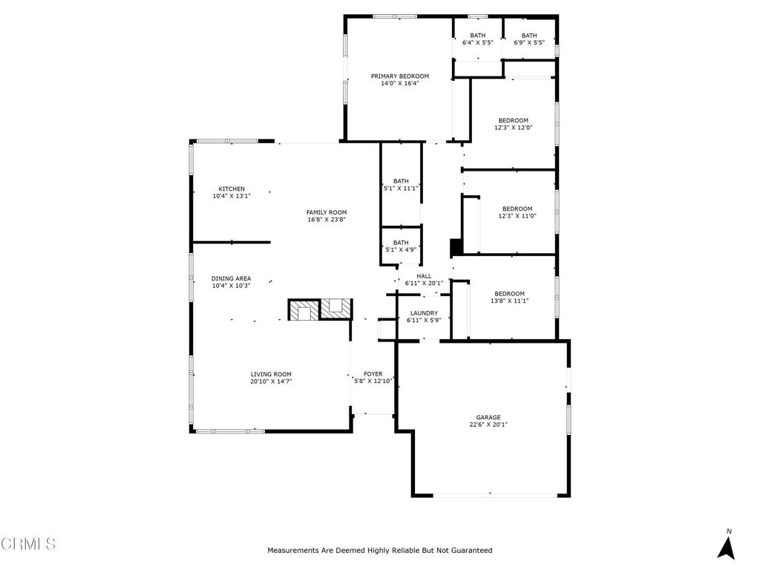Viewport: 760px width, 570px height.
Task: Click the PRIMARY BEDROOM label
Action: [x=400, y=76]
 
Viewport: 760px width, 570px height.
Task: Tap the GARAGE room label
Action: [x=488, y=418]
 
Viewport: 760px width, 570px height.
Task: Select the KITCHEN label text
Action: [x=232, y=189]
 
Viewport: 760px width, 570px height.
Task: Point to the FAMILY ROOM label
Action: [x=327, y=213]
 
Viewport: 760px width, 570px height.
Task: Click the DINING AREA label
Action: [x=232, y=279]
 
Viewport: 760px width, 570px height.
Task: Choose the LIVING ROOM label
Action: [x=271, y=375]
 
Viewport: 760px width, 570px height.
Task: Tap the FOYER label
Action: [x=373, y=374]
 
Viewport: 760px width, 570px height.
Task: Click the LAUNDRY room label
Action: [x=423, y=313]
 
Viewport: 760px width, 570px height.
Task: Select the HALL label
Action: [x=424, y=276]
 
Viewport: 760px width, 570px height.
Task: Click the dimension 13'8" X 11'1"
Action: [x=510, y=301]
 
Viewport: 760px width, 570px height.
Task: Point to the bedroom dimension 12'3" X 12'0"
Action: [x=514, y=128]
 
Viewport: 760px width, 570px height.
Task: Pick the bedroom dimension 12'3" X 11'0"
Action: [x=517, y=216]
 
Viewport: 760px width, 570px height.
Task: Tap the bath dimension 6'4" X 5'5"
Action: [x=478, y=43]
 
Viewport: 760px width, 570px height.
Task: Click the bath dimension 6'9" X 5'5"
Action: [x=529, y=43]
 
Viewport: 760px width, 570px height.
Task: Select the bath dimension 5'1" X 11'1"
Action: [x=402, y=189]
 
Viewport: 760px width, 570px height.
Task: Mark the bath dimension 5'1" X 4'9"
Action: [x=402, y=250]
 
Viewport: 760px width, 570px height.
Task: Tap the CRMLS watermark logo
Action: [x=28, y=544]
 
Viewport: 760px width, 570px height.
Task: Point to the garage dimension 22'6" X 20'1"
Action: [x=488, y=425]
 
